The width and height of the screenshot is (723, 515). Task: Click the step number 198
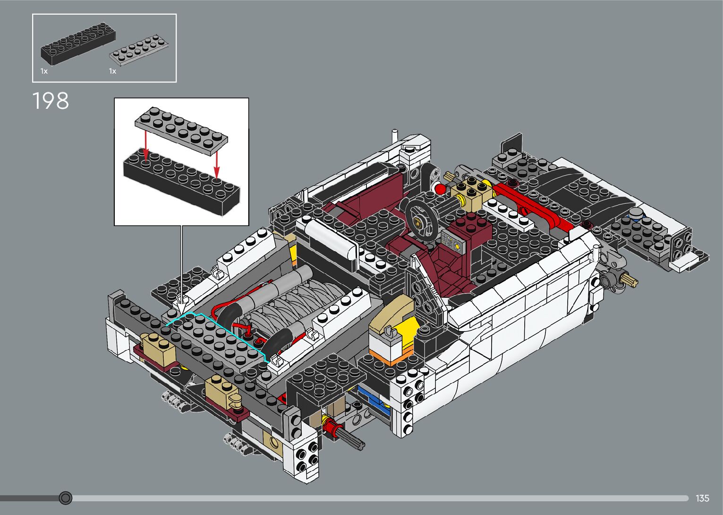51,101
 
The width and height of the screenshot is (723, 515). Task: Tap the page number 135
702,498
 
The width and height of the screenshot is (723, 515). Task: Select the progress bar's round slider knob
66,498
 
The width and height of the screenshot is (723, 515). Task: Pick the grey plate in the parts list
139,50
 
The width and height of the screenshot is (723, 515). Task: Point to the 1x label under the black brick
44,71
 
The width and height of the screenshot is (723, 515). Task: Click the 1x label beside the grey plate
112,71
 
